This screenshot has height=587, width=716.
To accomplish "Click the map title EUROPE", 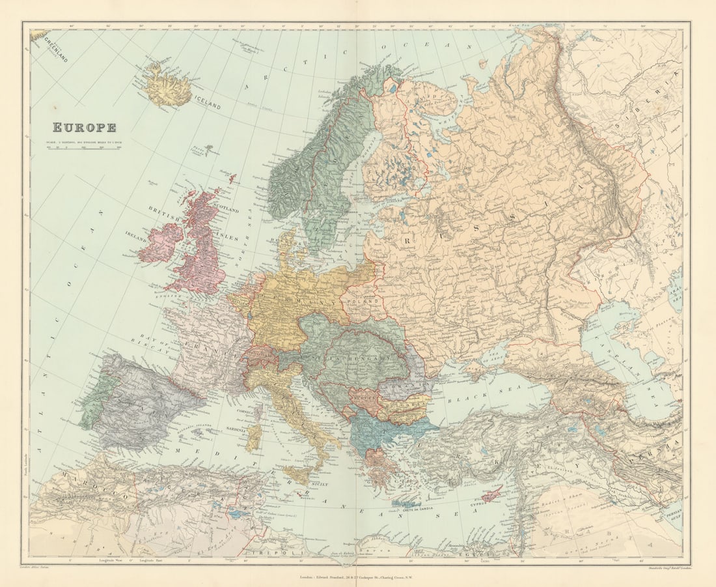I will tap(84, 128).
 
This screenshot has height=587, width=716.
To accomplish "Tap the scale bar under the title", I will tap(84, 148).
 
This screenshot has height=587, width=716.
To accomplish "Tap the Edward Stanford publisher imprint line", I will tap(358, 577).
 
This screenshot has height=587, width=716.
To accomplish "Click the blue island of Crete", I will tap(407, 503).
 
